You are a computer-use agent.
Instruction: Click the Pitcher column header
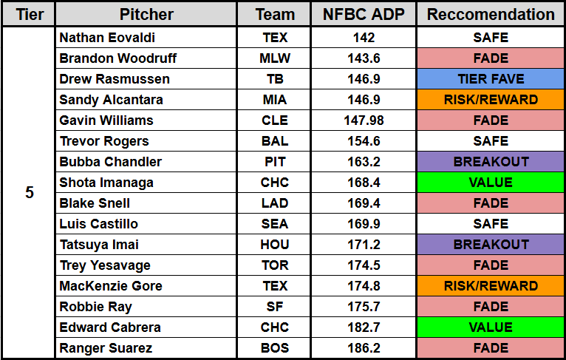146,15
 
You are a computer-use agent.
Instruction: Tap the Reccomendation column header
491,15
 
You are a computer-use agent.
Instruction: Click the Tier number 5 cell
30,193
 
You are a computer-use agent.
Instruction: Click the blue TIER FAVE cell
491,79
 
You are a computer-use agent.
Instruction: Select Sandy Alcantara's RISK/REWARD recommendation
491,100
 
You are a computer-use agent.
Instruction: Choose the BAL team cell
275,141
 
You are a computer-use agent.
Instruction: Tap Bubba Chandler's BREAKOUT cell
491,162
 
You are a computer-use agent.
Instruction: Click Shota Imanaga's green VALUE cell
491,183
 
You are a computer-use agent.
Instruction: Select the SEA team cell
275,224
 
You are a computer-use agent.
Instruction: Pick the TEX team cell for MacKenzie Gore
275,286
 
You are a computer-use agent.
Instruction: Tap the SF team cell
275,307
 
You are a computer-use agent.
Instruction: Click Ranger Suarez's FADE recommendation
491,348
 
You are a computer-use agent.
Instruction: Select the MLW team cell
275,58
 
